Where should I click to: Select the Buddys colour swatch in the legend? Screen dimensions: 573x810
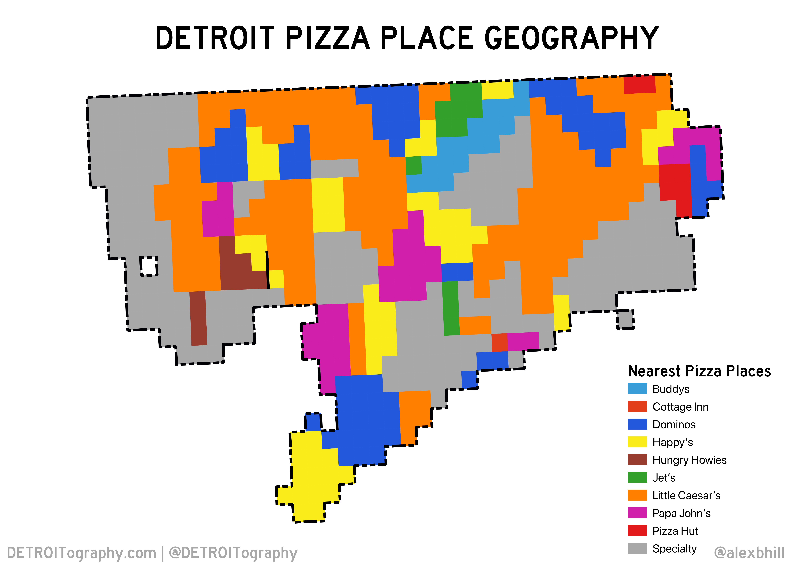point(637,389)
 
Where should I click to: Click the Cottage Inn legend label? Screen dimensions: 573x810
point(680,407)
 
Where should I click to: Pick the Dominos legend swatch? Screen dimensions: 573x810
point(637,424)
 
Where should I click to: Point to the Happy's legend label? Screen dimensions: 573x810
point(672,442)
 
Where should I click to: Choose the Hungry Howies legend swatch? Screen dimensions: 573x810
point(637,460)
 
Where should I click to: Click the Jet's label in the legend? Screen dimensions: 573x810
point(664,478)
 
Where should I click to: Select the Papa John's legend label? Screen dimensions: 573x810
point(681,513)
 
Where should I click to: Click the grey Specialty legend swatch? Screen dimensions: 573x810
point(637,548)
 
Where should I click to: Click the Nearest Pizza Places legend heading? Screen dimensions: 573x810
point(699,371)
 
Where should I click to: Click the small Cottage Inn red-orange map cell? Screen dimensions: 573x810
point(499,342)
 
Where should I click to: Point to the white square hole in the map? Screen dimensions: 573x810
point(148,266)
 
